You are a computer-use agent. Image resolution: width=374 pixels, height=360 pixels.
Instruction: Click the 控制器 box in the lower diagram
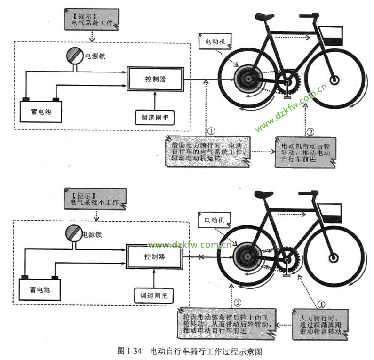[x=155, y=257]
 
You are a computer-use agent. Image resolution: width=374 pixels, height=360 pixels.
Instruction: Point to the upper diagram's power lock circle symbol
[x=74, y=56]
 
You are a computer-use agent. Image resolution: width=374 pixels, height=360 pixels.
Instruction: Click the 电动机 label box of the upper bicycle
[x=215, y=42]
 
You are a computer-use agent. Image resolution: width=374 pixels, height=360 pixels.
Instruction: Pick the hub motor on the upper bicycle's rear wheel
[x=245, y=80]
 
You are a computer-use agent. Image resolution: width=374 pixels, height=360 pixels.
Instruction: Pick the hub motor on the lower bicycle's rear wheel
[x=244, y=257]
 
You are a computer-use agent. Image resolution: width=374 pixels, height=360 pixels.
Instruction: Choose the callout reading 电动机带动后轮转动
[x=303, y=151]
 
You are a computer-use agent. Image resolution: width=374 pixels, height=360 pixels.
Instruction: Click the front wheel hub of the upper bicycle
[x=334, y=80]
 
